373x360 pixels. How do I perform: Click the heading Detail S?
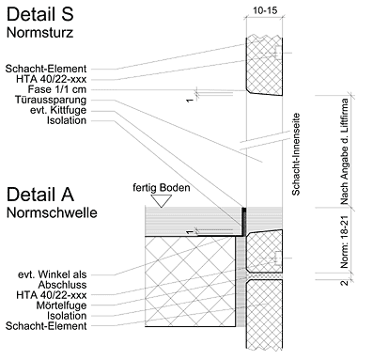tap(40, 14)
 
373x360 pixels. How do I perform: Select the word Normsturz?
tap(39, 33)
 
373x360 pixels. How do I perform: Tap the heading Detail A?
tap(40, 195)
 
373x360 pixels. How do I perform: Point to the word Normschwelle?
tap(52, 212)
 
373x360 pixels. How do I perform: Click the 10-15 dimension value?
tap(265, 10)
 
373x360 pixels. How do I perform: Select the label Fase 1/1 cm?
tap(57, 89)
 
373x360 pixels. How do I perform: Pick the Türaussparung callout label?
tap(51, 100)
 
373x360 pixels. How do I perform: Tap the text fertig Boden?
tap(162, 188)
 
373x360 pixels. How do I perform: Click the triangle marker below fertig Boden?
tap(162, 200)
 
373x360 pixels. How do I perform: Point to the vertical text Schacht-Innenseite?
tap(296, 154)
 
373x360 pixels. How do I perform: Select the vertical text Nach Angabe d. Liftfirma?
tap(344, 151)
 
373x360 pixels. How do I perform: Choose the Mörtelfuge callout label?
tap(61, 305)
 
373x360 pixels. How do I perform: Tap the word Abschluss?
tap(62, 285)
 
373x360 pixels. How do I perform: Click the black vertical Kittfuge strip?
tap(244, 221)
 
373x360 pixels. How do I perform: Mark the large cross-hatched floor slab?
tap(190, 281)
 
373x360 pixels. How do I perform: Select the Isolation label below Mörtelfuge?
tap(67, 316)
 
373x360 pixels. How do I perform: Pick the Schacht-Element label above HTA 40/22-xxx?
tap(46, 69)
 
